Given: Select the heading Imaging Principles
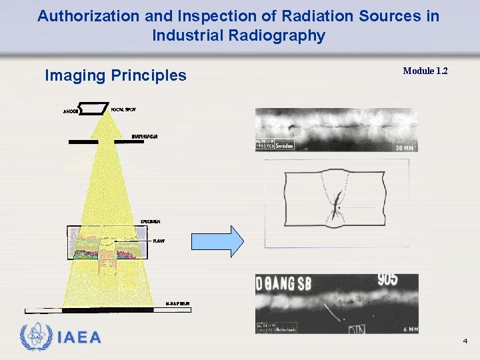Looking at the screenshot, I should (115, 75).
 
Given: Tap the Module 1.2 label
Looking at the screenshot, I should (425, 71).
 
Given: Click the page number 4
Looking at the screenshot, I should (465, 341).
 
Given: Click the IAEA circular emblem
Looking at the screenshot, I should (35, 337).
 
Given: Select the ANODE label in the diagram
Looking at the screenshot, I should (71, 111).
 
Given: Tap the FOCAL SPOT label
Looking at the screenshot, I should (125, 109).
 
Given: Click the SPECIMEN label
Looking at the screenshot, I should (149, 221).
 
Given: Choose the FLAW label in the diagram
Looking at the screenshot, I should (159, 241).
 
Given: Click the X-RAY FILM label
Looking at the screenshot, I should (177, 303).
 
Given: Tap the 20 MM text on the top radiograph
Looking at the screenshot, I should (404, 147).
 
